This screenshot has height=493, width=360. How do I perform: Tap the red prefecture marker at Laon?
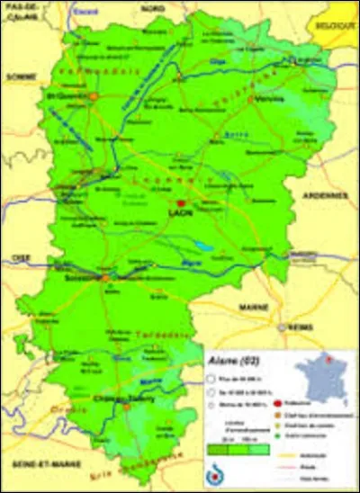(181, 204)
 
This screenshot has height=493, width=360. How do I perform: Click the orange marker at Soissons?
(106, 279)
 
